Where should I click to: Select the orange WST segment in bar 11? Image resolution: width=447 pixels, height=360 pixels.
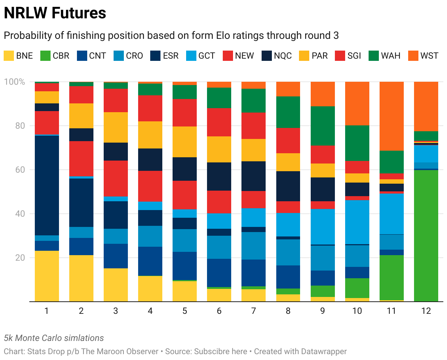[x=392, y=116]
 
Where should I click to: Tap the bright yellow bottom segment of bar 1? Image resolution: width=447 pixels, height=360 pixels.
[x=47, y=276]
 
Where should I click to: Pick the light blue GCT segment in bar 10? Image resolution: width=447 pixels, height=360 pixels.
[x=357, y=222]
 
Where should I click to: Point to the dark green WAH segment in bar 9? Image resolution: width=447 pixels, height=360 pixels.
[x=323, y=126]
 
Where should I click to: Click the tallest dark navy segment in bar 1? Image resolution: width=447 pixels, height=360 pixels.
[x=47, y=185]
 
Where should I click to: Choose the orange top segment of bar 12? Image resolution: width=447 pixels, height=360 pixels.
[x=426, y=106]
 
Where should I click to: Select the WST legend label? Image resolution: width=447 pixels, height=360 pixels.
[x=429, y=56]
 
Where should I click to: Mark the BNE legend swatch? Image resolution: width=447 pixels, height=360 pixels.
[x=9, y=56]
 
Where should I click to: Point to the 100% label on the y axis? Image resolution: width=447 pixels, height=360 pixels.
[x=14, y=82]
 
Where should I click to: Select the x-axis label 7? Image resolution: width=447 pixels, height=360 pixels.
[x=254, y=311]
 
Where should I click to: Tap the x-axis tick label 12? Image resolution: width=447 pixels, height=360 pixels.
[x=426, y=311]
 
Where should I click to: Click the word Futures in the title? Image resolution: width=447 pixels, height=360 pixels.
[x=79, y=13]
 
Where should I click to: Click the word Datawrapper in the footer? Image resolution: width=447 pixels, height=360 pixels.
[x=324, y=351]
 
